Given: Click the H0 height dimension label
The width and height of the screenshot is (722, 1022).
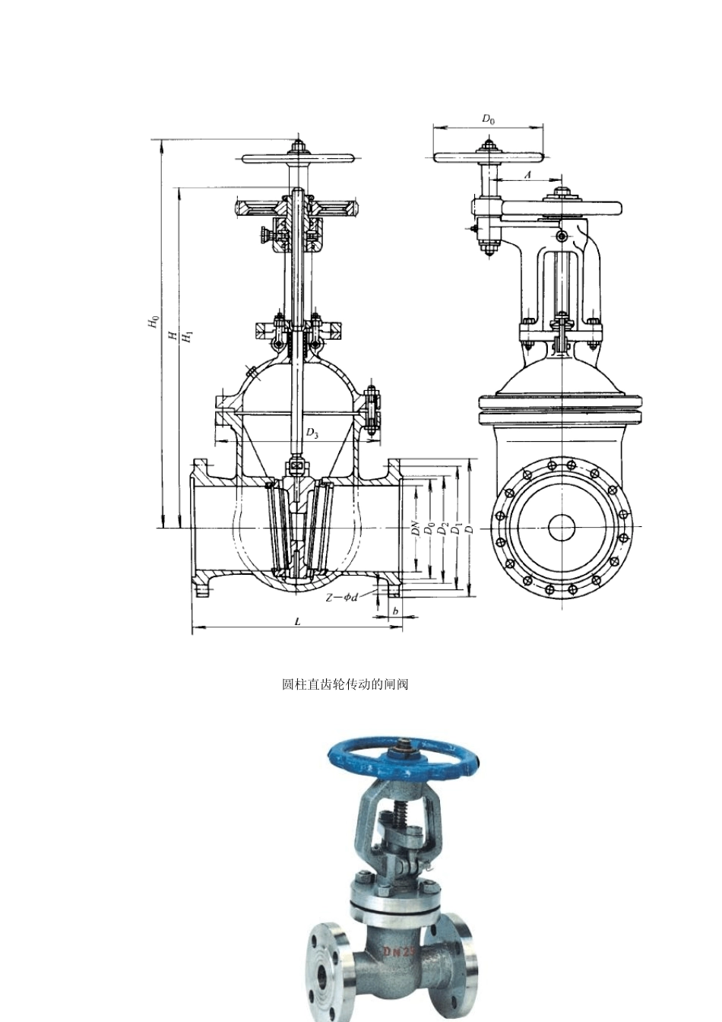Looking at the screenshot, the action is point(154,322).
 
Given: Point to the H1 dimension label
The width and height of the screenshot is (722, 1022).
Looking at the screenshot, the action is point(188,337).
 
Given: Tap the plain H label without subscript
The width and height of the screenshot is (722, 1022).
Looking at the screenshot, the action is point(173,336).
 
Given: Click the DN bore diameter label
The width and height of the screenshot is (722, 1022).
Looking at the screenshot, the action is point(416,528).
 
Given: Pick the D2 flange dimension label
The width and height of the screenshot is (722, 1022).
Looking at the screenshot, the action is point(442,528).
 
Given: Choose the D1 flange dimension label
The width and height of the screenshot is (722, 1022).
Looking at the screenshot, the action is point(454,529).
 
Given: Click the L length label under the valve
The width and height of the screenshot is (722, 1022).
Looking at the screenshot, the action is point(298,621).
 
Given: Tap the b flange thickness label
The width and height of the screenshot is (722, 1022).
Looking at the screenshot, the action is point(395,611).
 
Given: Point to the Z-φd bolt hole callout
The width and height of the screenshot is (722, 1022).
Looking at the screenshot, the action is point(341,597).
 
